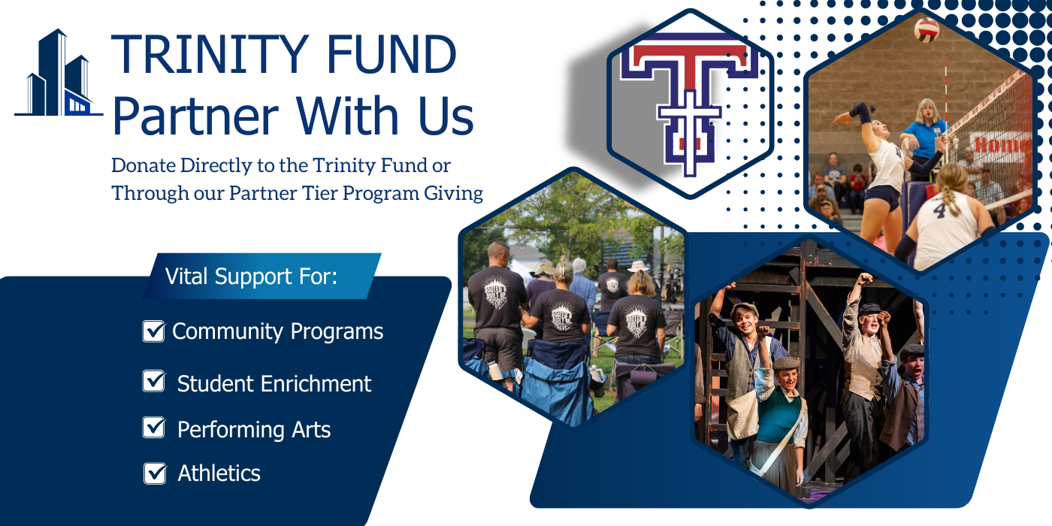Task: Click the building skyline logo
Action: tap(59, 73)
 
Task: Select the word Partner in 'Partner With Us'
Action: tap(196, 116)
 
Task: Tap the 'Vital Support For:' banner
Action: tap(262, 277)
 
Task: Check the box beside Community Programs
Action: tap(153, 331)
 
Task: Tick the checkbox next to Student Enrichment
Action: tap(153, 381)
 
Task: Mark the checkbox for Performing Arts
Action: tap(153, 428)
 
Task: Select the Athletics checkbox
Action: tap(155, 473)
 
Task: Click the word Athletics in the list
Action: tap(219, 473)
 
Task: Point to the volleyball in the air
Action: tap(926, 30)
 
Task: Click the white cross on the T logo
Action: tap(689, 131)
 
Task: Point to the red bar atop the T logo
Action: tap(689, 55)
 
